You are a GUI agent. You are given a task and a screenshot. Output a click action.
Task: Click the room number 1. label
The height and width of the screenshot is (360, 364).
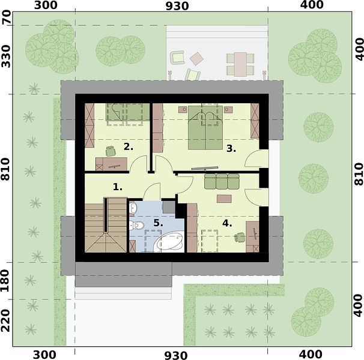[x=118, y=187]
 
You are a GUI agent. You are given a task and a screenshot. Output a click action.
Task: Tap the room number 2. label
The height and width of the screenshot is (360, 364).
[x=129, y=147]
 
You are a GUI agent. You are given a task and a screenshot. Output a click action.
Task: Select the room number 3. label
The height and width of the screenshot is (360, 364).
[x=231, y=149]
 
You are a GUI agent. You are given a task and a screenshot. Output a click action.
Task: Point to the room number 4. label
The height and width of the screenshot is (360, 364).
[x=227, y=223]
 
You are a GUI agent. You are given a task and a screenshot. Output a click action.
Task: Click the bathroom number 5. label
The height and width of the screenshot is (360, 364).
[x=159, y=223]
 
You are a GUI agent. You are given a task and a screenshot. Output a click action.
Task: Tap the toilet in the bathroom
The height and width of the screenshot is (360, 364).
[x=137, y=225]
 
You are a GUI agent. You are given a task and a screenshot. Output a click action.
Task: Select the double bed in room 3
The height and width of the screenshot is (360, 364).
[x=205, y=127]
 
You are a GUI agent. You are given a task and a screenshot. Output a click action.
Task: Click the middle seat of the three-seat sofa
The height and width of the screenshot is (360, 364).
[x=222, y=181]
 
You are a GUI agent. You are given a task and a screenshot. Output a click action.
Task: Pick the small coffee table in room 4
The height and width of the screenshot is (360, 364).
[x=224, y=199]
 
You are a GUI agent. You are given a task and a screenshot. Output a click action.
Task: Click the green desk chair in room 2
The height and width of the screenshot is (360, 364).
[x=111, y=151]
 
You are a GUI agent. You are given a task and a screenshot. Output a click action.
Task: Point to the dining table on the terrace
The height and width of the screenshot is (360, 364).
[x=240, y=64]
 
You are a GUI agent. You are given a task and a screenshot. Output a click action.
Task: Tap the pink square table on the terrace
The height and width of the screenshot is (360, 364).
[x=196, y=58]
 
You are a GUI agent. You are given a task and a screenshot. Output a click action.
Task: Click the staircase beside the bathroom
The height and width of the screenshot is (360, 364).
[x=106, y=225]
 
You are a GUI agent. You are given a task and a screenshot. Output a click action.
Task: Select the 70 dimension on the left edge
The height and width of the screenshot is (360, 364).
[x=6, y=17]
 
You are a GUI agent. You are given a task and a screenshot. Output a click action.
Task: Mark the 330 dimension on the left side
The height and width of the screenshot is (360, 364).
[x=6, y=56]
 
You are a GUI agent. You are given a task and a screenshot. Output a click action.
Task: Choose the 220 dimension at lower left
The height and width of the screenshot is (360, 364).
[x=6, y=321]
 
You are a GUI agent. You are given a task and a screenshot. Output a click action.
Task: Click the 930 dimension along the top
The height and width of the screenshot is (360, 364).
[x=177, y=6]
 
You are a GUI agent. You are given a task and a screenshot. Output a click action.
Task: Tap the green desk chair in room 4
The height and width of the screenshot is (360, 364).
[x=240, y=237]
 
